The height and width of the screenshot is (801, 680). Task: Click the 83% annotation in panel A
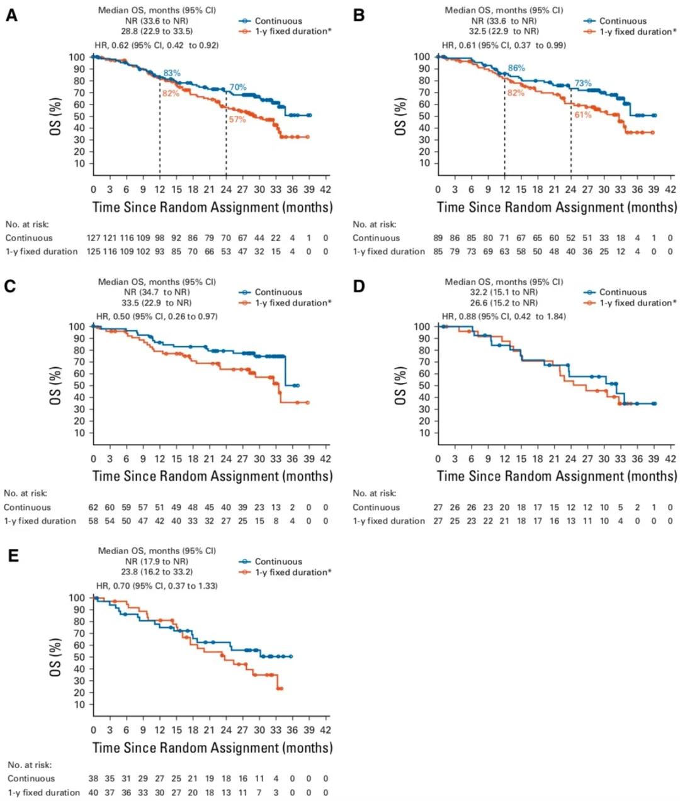(171, 74)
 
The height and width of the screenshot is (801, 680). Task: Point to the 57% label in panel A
(237, 119)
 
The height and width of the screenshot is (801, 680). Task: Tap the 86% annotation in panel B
(516, 68)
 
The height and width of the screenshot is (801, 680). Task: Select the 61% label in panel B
(582, 115)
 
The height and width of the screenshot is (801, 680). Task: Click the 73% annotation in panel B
(582, 83)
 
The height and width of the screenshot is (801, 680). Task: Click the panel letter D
(359, 286)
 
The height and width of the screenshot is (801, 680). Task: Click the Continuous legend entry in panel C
(278, 292)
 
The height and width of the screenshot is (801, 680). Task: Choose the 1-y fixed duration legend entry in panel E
(292, 572)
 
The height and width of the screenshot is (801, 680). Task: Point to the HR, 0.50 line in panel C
(157, 316)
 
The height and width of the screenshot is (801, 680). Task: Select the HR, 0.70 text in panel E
(157, 586)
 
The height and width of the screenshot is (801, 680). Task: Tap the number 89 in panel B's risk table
(438, 238)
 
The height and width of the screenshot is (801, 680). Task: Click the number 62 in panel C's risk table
(93, 508)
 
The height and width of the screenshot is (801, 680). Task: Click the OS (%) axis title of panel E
(55, 657)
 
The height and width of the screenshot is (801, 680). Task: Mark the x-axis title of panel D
(557, 477)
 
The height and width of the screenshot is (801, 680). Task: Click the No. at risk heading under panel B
(375, 224)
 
